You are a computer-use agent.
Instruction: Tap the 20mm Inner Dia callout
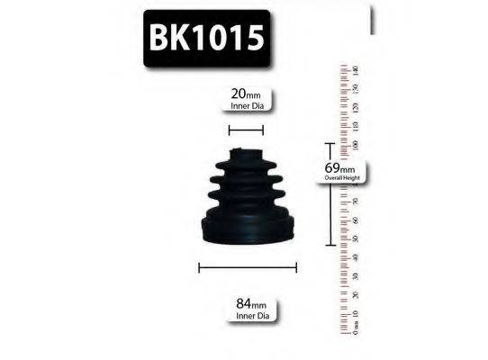(x=247, y=97)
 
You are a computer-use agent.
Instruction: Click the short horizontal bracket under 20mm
(x=246, y=130)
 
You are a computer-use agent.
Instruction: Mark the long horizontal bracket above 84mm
(x=247, y=266)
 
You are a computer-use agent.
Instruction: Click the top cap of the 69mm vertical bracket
(x=330, y=143)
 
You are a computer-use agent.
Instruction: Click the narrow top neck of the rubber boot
(x=245, y=155)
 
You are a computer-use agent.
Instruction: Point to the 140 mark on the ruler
(x=356, y=69)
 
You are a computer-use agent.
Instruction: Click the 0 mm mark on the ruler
(x=356, y=331)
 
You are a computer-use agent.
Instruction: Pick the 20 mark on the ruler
(x=356, y=294)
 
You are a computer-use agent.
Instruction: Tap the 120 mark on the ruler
(x=356, y=107)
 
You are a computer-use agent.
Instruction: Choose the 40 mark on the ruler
(x=356, y=257)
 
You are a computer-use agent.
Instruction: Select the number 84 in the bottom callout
(x=239, y=305)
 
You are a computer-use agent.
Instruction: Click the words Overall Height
(x=347, y=178)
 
